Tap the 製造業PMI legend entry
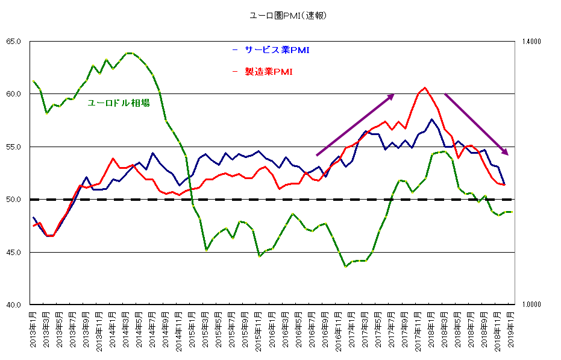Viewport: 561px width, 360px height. [268, 72]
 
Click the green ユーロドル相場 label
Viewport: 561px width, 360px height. [119, 103]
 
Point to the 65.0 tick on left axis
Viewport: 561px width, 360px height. [14, 42]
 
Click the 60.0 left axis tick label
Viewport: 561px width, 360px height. [14, 94]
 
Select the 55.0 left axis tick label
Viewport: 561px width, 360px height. [14, 147]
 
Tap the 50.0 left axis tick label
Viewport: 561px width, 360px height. [14, 200]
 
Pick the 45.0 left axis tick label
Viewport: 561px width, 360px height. [14, 252]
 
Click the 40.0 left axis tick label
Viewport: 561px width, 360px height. [14, 305]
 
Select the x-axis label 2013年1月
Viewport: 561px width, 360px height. [33, 330]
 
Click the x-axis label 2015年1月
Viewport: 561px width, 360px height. [192, 330]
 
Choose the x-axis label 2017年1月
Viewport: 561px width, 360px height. [351, 330]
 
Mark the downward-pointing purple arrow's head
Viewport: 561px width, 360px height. [507, 154]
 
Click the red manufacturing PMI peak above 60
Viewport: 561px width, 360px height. [425, 88]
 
